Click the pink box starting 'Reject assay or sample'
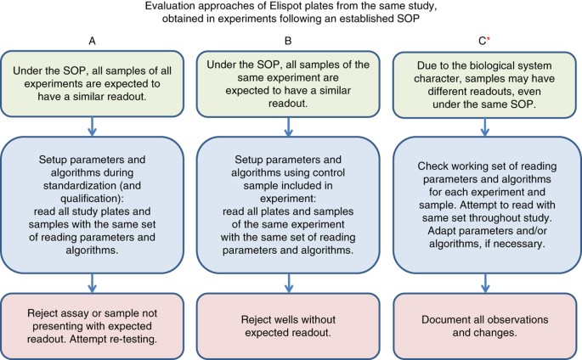[x=90, y=318]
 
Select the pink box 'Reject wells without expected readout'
[x=290, y=318]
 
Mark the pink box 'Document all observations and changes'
[x=483, y=318]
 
